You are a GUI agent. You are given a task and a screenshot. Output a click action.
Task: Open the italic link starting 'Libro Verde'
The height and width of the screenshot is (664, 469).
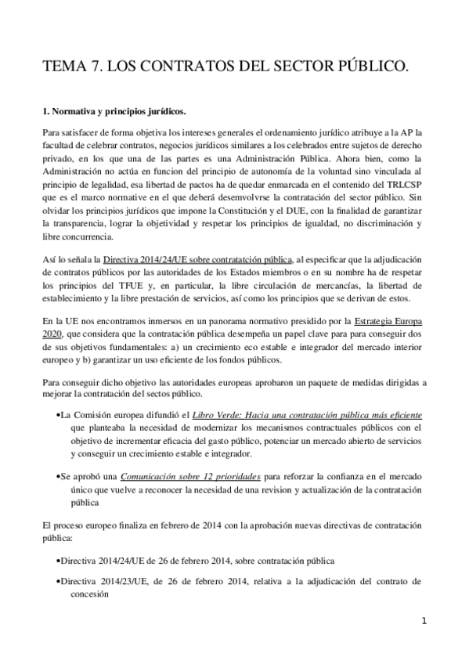308,413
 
